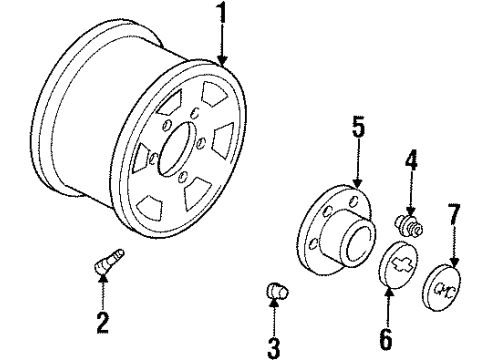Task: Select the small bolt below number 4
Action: point(410,223)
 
